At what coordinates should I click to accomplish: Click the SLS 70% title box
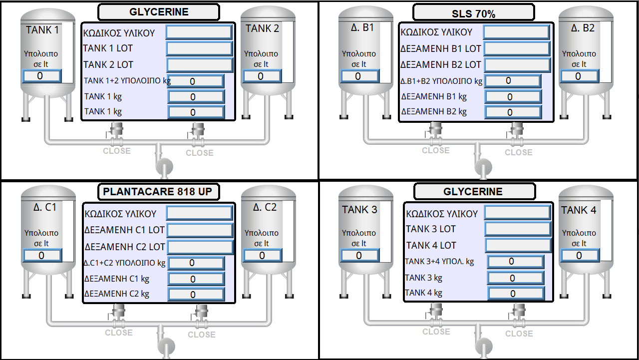point(474,12)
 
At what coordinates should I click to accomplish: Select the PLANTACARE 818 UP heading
point(158,192)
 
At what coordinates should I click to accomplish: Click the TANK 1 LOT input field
point(199,49)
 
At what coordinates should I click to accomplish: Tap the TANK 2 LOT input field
point(200,65)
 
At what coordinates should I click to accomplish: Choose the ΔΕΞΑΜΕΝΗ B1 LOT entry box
point(517,49)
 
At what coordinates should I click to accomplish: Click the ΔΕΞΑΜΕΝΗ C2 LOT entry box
point(200,247)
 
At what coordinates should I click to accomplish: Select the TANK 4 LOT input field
point(518,245)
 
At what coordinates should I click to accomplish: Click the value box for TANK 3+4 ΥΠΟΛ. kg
point(515,262)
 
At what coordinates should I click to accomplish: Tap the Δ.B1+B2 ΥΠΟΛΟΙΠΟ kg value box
point(513,81)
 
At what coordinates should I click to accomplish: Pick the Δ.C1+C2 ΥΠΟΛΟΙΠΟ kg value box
point(196,263)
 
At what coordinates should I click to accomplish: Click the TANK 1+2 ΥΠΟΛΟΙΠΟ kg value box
point(196,81)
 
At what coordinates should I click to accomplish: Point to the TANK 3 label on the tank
point(359,210)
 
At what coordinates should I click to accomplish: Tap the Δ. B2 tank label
point(583,28)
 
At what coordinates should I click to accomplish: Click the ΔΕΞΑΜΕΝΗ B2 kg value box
point(513,112)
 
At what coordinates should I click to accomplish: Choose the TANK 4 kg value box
point(515,294)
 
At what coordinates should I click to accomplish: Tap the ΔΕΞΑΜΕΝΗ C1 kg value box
point(196,279)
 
